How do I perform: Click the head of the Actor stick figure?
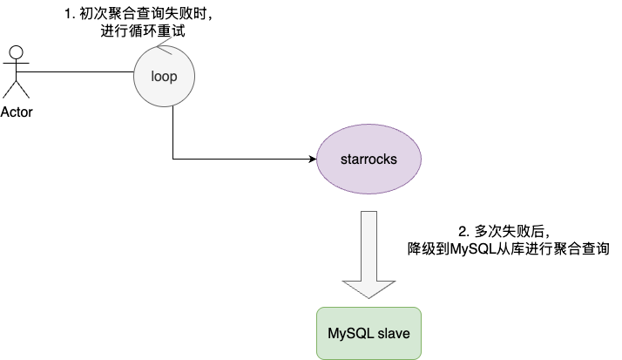17,52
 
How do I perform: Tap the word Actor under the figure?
17,112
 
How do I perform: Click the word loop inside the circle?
164,76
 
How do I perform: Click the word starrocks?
368,160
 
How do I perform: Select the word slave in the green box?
394,333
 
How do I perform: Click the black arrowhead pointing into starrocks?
313,160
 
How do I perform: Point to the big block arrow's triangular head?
368,289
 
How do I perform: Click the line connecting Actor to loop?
75,71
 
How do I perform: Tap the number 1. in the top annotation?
70,14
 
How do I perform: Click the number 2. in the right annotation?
464,231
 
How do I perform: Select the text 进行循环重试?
143,31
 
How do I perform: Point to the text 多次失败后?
509,231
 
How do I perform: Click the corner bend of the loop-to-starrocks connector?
173,160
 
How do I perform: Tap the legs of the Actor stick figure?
17,89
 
